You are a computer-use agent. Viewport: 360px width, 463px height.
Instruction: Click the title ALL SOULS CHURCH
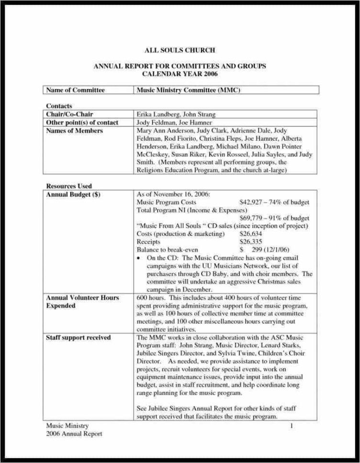tap(180, 50)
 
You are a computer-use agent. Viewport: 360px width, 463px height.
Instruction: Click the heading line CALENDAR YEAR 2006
tap(180, 74)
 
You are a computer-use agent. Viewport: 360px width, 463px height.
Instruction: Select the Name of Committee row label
tap(75, 90)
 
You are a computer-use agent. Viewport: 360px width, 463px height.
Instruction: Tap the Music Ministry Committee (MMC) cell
tap(188, 90)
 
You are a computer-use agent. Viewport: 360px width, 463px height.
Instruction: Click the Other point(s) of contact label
tap(82, 123)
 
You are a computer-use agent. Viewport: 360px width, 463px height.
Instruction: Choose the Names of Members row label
tap(74, 131)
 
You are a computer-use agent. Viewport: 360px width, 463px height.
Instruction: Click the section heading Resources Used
tap(69, 186)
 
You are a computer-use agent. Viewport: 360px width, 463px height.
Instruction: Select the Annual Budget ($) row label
tap(73, 194)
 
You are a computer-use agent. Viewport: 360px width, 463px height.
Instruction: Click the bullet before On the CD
tap(139, 258)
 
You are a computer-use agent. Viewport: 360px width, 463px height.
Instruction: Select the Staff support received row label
tap(78, 338)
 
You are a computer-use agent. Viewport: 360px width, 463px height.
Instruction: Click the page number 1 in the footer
tap(292, 425)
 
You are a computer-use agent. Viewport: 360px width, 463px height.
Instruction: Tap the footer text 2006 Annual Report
tap(74, 434)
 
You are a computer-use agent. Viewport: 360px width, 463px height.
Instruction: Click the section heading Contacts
tap(59, 106)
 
